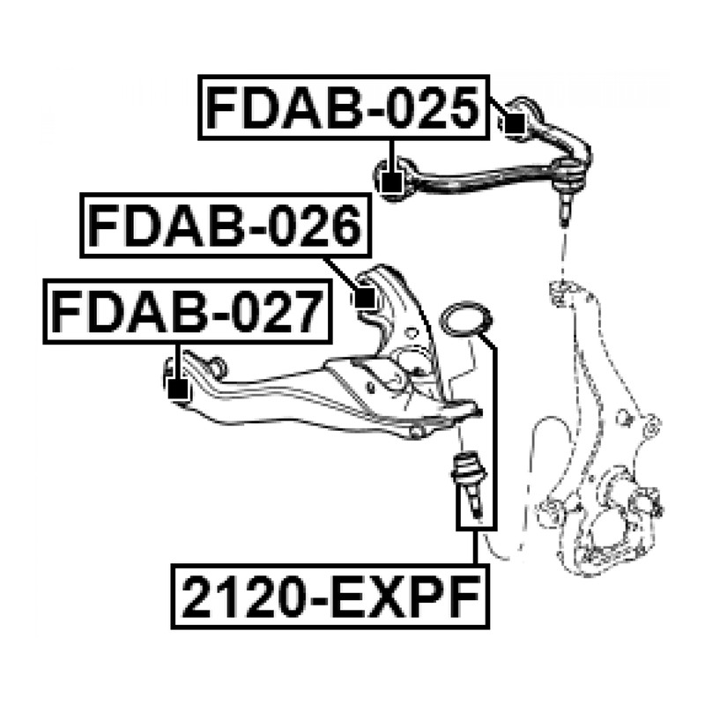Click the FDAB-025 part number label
[x=344, y=108]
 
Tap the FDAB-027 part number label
[x=188, y=311]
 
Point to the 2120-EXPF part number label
[x=330, y=597]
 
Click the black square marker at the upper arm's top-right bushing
[x=515, y=123]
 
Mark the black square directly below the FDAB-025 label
[x=392, y=183]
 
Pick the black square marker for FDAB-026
[x=365, y=298]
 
